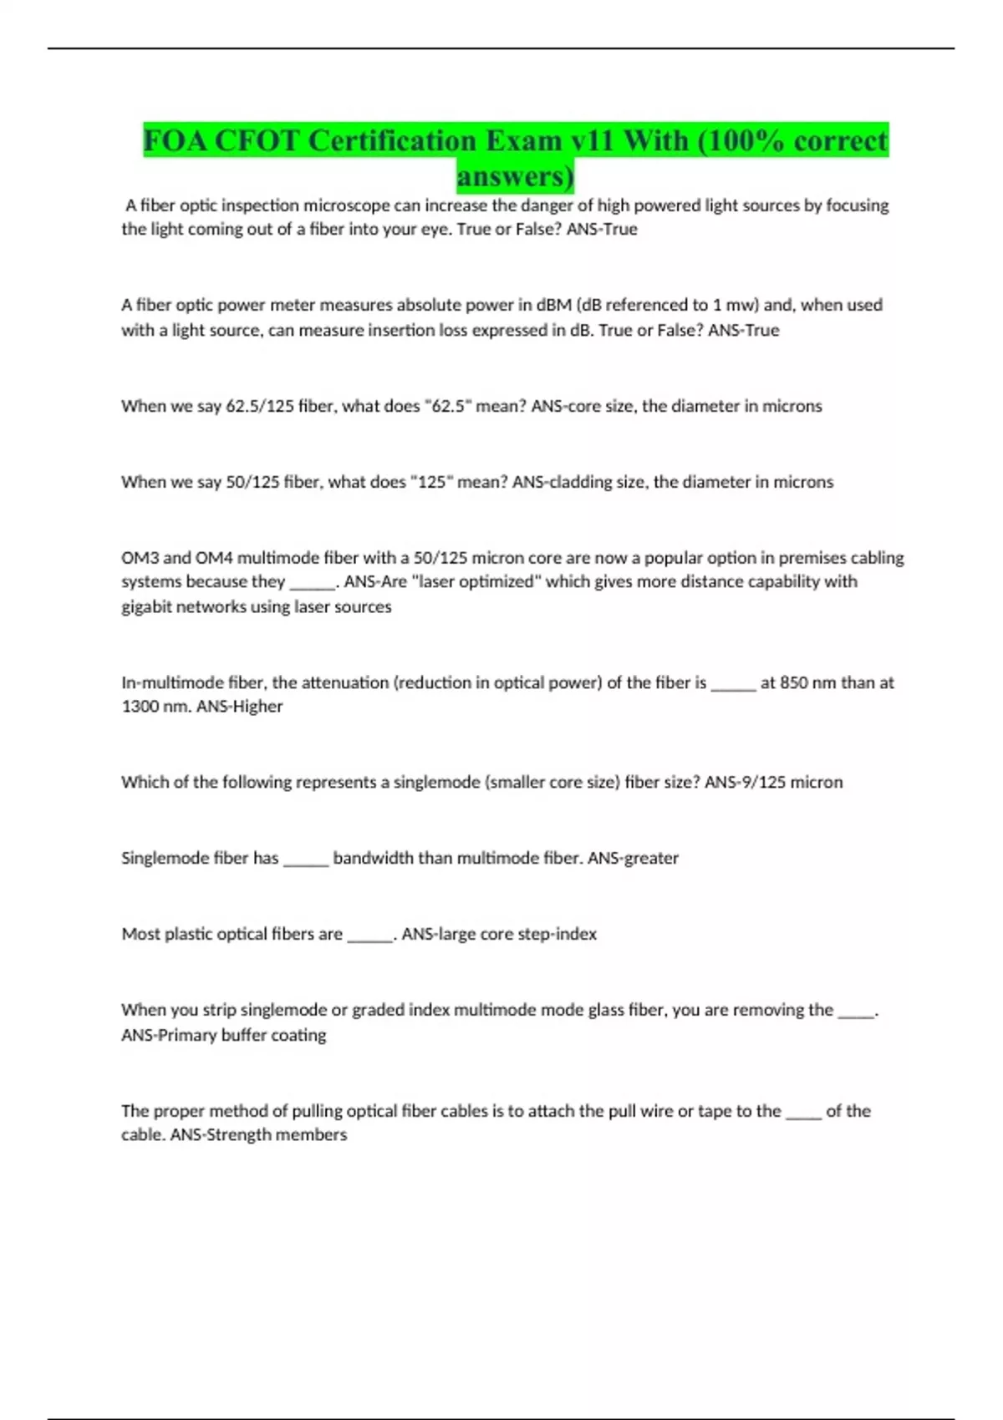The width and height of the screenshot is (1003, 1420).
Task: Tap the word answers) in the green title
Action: pyautogui.click(x=516, y=176)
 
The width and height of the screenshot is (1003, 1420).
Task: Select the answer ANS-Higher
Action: pyautogui.click(x=239, y=707)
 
